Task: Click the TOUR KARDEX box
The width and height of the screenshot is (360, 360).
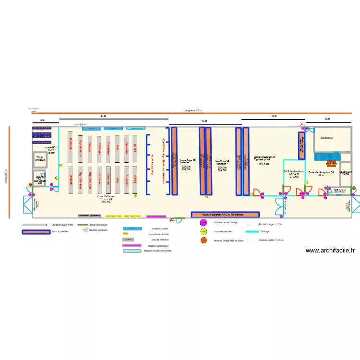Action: click(x=39, y=159)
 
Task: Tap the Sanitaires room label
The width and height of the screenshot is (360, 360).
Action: click(x=326, y=138)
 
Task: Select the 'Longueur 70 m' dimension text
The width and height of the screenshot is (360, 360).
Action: click(x=193, y=110)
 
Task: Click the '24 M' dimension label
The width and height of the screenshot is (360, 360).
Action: click(x=103, y=117)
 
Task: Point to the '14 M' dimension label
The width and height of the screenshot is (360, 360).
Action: click(x=274, y=117)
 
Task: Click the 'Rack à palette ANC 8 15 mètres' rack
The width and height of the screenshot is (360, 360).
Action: click(x=225, y=215)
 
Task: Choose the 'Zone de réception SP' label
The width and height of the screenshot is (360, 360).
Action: click(x=321, y=172)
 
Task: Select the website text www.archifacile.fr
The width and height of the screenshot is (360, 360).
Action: click(x=330, y=250)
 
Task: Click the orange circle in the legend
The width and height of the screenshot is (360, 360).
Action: click(x=204, y=240)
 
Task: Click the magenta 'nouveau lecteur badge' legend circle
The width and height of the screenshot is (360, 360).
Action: click(x=204, y=223)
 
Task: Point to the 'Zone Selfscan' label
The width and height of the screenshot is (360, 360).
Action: click(x=106, y=196)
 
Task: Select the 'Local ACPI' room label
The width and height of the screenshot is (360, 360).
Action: click(x=345, y=172)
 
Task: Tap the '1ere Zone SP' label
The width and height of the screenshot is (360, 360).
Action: click(x=222, y=162)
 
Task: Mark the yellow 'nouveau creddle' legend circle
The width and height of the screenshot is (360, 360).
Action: click(x=204, y=232)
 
